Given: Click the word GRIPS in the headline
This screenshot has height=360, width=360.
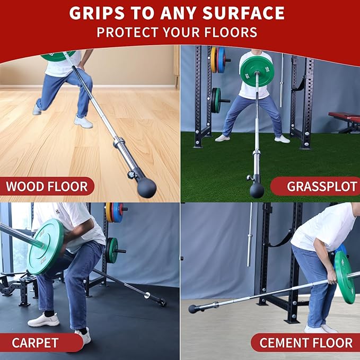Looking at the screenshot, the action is [x=97, y=13].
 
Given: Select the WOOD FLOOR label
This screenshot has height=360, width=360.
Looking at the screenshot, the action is [x=47, y=187].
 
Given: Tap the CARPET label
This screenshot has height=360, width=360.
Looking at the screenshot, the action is [x=35, y=343].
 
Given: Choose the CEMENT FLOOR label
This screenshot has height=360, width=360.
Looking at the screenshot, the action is [x=306, y=343].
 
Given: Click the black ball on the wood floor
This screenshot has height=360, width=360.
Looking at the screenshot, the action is [x=147, y=188].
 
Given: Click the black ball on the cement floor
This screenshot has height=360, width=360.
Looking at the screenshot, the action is [x=193, y=309].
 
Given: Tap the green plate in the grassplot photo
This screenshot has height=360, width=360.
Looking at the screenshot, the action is [x=257, y=72].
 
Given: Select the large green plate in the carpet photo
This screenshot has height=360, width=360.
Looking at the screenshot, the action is [x=45, y=247].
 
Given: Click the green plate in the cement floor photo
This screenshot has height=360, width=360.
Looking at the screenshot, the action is [x=345, y=277].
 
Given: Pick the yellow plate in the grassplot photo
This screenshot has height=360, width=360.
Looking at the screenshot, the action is [x=214, y=60].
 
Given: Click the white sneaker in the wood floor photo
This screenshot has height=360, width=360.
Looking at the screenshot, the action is [x=83, y=122].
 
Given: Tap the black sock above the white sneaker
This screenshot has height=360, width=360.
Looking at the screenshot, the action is [x=49, y=313].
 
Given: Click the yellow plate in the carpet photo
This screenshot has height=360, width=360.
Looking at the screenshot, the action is [x=109, y=213].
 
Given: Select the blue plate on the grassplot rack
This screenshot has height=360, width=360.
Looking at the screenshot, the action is [x=221, y=60].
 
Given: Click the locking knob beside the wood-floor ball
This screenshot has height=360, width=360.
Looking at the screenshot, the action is [x=131, y=174].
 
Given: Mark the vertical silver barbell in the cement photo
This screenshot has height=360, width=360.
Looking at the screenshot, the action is [x=250, y=235].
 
